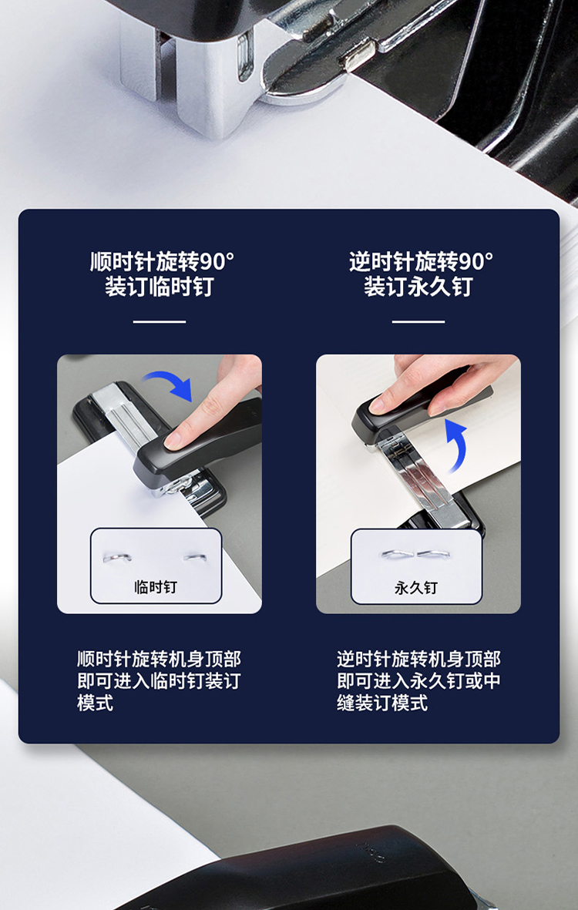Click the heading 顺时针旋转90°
162,262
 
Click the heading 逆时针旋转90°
422,262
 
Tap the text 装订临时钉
159,287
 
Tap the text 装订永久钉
418,287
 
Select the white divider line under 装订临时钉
159,321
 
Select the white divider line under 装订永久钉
418,321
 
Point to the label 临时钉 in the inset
156,587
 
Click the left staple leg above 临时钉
117,558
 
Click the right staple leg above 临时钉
196,558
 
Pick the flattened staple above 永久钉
416,554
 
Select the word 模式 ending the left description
95,703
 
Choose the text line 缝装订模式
382,703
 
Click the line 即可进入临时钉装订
159,681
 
